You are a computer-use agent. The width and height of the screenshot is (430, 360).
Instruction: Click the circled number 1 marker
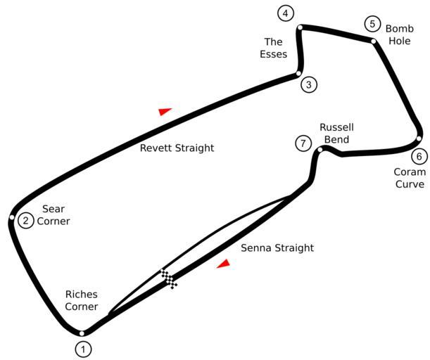pyautogui.click(x=84, y=348)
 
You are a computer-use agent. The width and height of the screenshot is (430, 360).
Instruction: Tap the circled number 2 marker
pyautogui.click(x=25, y=221)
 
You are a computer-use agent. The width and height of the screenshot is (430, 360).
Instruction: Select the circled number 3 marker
pyautogui.click(x=308, y=85)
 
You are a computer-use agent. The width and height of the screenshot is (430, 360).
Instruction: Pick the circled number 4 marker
pyautogui.click(x=285, y=13)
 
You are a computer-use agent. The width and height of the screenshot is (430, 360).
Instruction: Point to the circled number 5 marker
pyautogui.click(x=372, y=24)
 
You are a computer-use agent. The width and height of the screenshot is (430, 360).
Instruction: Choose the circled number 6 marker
pyautogui.click(x=419, y=156)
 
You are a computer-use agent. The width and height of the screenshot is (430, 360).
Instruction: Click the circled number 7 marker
pyautogui.click(x=303, y=143)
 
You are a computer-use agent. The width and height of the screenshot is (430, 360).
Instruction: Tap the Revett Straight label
pyautogui.click(x=177, y=148)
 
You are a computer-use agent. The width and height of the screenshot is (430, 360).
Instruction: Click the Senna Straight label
pyautogui.click(x=277, y=248)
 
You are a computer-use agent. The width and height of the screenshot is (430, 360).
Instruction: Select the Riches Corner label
pyautogui.click(x=82, y=300)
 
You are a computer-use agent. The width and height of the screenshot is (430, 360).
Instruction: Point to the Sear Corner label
pyautogui.click(x=53, y=215)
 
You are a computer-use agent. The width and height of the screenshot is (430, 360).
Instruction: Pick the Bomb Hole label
pyautogui.click(x=398, y=34)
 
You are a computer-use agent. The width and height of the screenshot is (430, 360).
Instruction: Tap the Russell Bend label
pyautogui.click(x=336, y=134)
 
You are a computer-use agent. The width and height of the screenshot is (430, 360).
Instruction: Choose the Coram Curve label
pyautogui.click(x=409, y=178)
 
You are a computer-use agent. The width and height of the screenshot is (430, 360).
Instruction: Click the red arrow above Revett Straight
pyautogui.click(x=165, y=111)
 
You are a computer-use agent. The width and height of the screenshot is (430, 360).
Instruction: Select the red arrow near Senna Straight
pyautogui.click(x=224, y=264)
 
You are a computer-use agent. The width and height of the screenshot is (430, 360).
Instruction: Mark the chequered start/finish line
pyautogui.click(x=169, y=278)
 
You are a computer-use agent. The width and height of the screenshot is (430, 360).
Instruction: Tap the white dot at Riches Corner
pyautogui.click(x=82, y=333)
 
